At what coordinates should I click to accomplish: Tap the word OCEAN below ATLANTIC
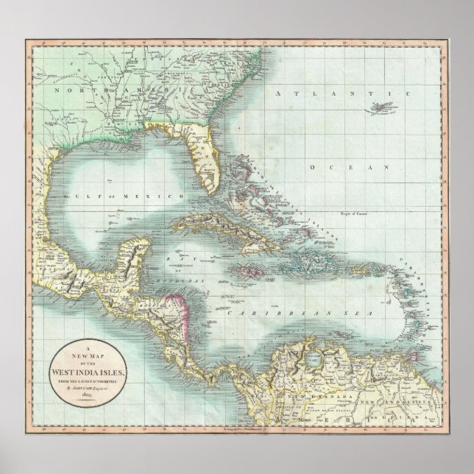tap(348, 169)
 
